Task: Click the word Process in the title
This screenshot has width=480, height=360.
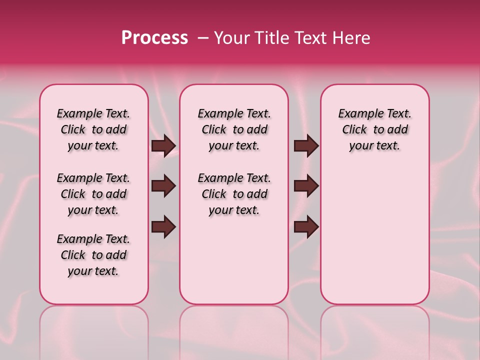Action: coord(154,38)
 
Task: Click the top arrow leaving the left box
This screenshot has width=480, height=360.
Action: coord(163,145)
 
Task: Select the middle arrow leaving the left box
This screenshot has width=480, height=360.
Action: coord(163,186)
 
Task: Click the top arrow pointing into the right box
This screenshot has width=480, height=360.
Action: coord(306,145)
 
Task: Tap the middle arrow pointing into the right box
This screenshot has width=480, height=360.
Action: coord(306,186)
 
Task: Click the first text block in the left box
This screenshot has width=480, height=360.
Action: coord(93,129)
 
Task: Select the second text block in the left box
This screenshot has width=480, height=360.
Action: coord(93,194)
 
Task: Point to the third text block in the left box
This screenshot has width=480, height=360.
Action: coord(93,255)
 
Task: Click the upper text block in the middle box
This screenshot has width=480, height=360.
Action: coord(234,129)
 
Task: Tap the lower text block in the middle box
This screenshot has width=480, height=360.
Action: coord(234,194)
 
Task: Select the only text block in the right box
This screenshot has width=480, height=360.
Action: coord(374,129)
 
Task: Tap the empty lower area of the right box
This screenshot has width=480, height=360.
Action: coord(374,235)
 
